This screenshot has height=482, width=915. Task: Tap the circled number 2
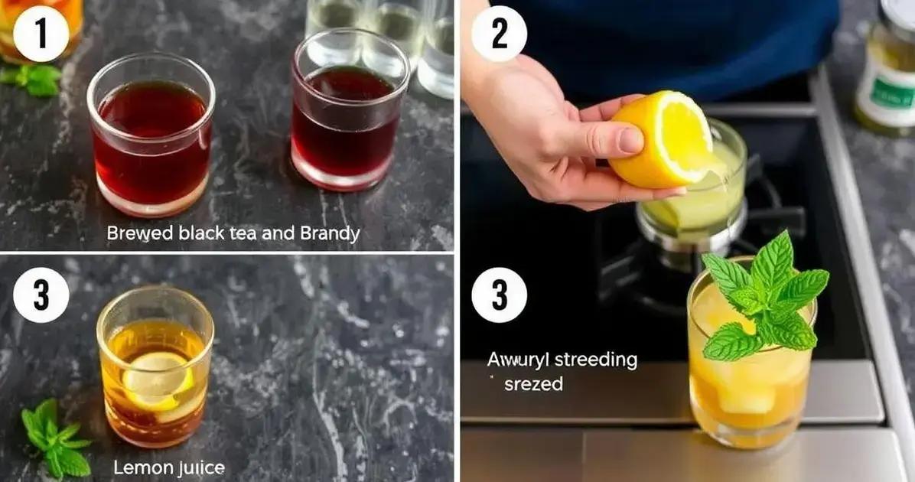tap(499, 34)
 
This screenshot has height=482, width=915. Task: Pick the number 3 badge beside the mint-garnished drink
tap(499, 295)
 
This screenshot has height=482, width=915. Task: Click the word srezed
tap(533, 384)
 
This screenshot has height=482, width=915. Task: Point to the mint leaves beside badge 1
tap(34, 78)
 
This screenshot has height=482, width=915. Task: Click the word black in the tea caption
tap(200, 233)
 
